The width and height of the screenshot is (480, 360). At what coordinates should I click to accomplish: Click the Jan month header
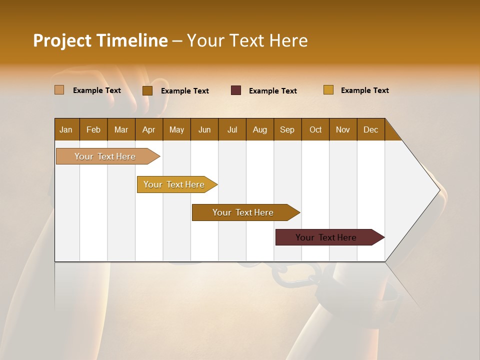[x=66, y=129]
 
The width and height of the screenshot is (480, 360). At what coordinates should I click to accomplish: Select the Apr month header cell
[x=148, y=129]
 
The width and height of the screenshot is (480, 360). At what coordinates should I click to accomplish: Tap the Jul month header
[x=232, y=129]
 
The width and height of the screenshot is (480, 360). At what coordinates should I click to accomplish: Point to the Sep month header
[x=287, y=129]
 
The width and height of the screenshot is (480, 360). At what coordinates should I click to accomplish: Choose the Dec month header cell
[x=370, y=129]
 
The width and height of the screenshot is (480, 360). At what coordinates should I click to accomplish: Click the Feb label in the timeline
[x=93, y=129]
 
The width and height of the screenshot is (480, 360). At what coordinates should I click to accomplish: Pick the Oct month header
[x=315, y=129]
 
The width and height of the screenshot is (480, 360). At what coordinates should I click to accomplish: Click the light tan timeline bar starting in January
[x=105, y=156]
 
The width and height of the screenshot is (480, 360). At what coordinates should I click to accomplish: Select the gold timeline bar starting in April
[x=174, y=184]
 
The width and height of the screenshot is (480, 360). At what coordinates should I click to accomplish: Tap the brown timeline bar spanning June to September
[x=243, y=212]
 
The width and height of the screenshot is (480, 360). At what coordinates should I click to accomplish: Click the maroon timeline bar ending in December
[x=326, y=237]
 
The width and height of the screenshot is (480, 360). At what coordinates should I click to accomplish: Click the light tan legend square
[x=59, y=90]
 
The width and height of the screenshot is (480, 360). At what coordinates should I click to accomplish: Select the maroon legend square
[x=236, y=90]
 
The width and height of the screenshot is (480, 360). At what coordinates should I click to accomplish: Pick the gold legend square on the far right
[x=328, y=90]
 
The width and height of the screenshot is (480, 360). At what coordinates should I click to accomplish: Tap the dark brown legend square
[x=147, y=90]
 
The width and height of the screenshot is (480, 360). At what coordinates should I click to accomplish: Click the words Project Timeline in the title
[x=100, y=40]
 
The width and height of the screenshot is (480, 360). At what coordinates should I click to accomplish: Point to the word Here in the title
[x=288, y=40]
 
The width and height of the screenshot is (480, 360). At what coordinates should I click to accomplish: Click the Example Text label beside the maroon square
[x=273, y=91]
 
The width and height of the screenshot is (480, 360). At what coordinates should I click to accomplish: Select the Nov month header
[x=342, y=129]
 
